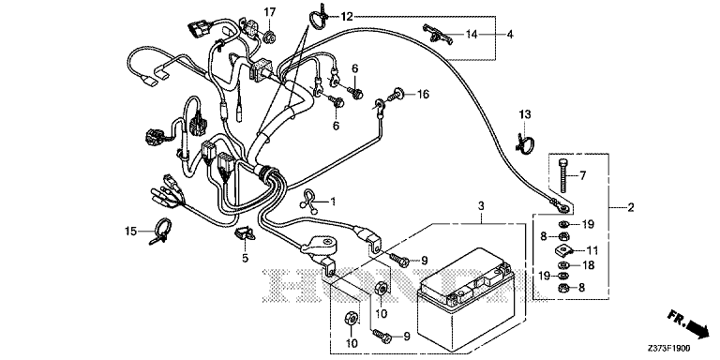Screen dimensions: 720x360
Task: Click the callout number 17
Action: coord(270,12)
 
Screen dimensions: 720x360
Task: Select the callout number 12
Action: coord(347,17)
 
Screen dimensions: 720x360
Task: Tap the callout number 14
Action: coord(472,34)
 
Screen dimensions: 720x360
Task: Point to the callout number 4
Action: coord(510,34)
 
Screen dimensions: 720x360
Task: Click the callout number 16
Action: coord(423,95)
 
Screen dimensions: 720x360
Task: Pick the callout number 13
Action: coord(524,113)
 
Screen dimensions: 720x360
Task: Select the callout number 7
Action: coord(582,175)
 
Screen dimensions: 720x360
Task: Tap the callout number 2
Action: coord(630,208)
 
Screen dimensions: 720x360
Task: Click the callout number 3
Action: coord(480,206)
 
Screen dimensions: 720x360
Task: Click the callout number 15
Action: coord(131,231)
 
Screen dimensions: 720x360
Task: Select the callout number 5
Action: coord(245,258)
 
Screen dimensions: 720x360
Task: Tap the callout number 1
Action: coord(334,202)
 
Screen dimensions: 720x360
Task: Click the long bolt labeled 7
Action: coord(564,175)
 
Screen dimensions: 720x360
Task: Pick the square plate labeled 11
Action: coord(562,250)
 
